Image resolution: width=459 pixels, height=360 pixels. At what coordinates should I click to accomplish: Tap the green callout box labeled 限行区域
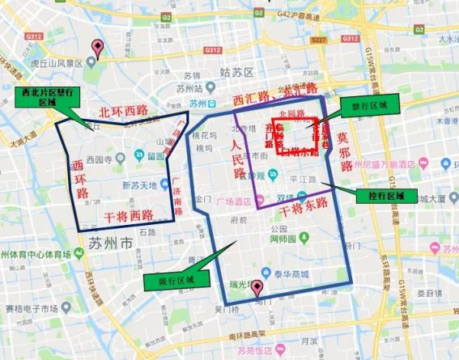click(169, 280)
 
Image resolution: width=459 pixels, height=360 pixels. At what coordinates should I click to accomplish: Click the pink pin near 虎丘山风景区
click(98, 47)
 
